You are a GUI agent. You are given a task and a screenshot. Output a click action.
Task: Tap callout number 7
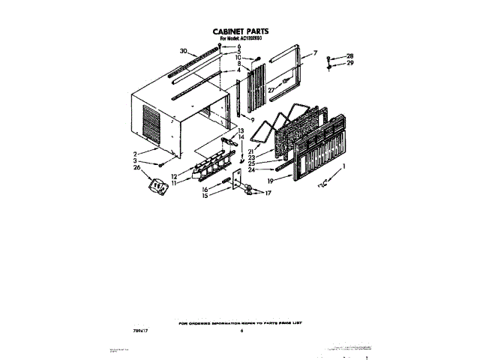click(x=316, y=52)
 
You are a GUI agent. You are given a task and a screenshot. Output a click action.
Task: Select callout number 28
click(x=349, y=56)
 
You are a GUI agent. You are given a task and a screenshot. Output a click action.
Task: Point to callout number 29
click(x=349, y=64)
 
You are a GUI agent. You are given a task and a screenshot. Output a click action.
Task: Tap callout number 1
click(x=344, y=166)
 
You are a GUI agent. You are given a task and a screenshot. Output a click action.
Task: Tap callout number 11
click(x=174, y=182)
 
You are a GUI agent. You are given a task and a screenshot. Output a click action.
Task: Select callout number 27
click(x=272, y=90)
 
